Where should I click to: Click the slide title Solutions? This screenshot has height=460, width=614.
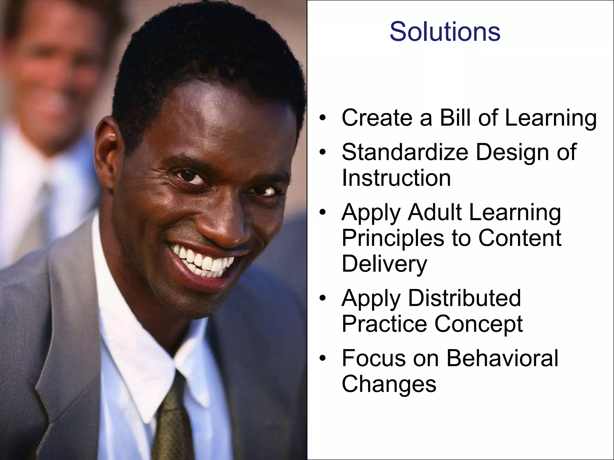click(445, 32)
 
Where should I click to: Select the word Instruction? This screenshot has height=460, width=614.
click(396, 178)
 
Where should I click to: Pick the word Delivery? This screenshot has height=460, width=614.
click(384, 264)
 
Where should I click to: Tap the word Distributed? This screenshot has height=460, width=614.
click(464, 298)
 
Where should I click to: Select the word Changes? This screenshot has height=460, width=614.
click(389, 384)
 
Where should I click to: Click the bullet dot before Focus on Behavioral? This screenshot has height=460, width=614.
click(322, 358)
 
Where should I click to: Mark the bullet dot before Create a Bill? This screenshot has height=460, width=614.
click(322, 118)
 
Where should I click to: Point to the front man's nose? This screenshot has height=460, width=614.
click(222, 222)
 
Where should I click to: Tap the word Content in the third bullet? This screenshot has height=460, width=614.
click(520, 238)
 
